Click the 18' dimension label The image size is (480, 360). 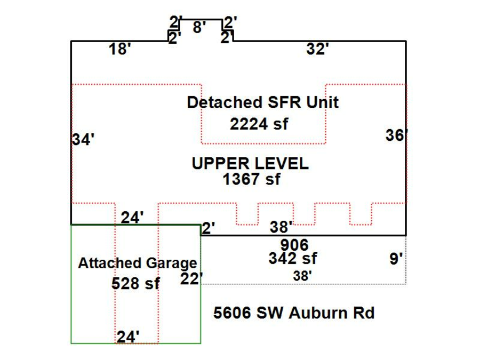[x=120, y=50]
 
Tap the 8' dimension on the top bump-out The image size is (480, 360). [x=199, y=27]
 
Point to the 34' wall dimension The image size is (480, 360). [x=83, y=140]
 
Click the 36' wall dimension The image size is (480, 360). [x=396, y=135]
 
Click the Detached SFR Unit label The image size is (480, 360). [x=262, y=102]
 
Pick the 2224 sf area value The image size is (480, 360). [x=259, y=124]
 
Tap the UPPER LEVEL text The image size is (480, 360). [x=250, y=164]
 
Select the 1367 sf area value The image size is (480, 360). [x=252, y=179]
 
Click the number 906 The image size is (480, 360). [x=294, y=245]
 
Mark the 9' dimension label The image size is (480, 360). [x=396, y=259]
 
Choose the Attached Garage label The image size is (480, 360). [x=137, y=263]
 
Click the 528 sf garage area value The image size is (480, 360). [x=135, y=283]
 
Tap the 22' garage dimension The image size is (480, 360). [x=192, y=279]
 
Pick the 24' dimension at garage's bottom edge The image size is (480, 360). [x=129, y=337]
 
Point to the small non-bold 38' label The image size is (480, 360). [x=302, y=276]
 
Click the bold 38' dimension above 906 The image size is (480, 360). [x=281, y=228]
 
